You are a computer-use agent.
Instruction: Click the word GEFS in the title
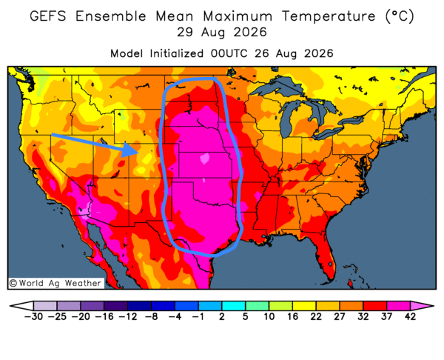tap(48, 16)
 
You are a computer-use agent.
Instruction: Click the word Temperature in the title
tap(329, 17)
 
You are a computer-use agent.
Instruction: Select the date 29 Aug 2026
tap(222, 33)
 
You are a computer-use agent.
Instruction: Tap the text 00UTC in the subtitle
tap(229, 53)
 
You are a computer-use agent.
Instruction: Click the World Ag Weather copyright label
tap(55, 283)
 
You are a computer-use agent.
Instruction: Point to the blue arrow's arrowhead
tap(130, 150)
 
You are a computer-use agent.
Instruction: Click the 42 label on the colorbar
tap(410, 316)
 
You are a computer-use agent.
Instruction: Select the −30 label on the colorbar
tap(33, 316)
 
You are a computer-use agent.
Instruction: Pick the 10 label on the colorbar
tap(269, 316)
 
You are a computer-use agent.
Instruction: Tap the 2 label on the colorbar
tap(222, 316)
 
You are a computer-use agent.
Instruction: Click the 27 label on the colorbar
tap(340, 316)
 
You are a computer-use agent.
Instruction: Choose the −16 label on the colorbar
tap(104, 316)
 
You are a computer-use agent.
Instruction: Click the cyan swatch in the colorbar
tap(233, 306)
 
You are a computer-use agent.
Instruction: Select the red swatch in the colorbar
tap(375, 306)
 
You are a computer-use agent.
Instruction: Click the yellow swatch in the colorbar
tap(304, 306)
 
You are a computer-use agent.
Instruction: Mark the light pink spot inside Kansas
tap(205, 159)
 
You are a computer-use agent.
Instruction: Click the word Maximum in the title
tap(238, 16)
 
